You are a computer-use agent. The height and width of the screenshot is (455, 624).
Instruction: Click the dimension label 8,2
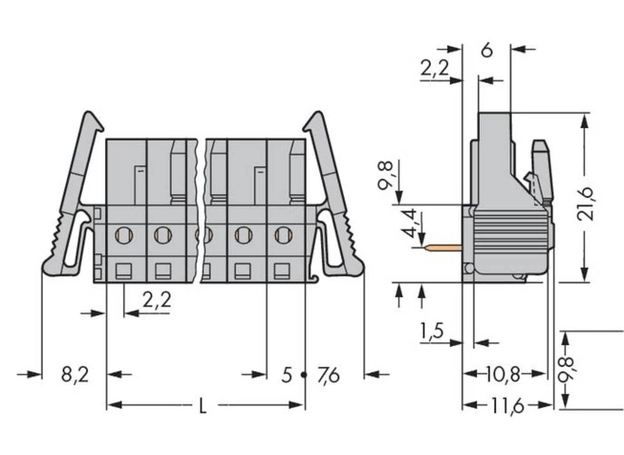(x=75, y=375)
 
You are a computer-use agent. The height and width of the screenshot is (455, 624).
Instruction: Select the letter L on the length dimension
(x=202, y=406)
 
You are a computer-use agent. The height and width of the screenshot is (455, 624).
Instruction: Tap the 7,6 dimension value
(x=328, y=375)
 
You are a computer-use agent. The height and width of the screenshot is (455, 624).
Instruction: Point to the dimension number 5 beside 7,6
(x=286, y=375)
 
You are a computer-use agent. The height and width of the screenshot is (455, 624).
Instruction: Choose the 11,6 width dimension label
(x=506, y=406)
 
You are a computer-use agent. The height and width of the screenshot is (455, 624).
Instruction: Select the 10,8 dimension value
(x=503, y=374)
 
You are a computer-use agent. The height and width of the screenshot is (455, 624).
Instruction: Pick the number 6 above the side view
(x=487, y=50)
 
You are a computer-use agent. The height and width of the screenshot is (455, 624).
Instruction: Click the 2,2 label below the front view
(x=157, y=301)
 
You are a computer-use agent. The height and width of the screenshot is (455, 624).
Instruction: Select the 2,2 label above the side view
(x=434, y=69)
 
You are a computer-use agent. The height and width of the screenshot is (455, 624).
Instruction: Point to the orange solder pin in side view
(x=442, y=248)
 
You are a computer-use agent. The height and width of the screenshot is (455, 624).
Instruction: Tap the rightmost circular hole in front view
(x=283, y=235)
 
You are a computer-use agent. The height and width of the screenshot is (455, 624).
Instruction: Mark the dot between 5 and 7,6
(x=305, y=375)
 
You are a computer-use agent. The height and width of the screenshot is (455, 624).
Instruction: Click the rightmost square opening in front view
(x=283, y=271)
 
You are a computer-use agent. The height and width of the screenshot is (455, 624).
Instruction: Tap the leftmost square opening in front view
(x=124, y=271)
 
